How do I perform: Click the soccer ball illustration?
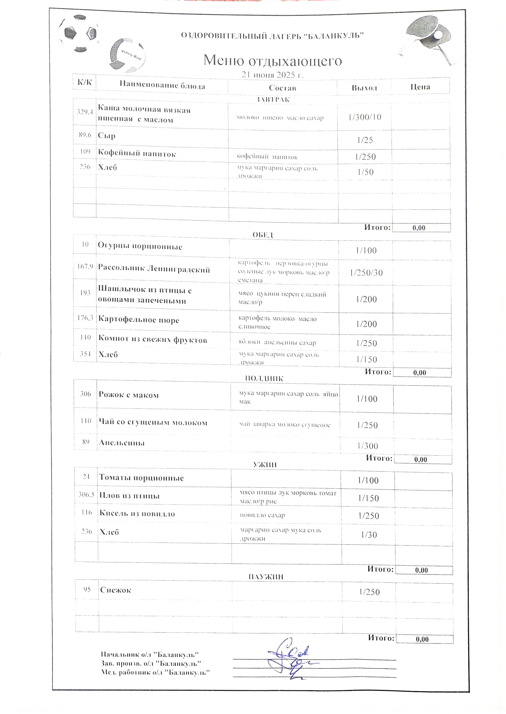pos(78,33)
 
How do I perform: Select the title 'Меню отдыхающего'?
pos(273,60)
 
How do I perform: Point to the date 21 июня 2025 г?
pos(273,75)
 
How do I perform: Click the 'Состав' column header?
pos(282,88)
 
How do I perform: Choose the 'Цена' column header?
pos(420,87)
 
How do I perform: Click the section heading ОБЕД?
pos(263,235)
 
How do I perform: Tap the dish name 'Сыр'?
pos(107,136)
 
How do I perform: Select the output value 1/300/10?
pos(365,117)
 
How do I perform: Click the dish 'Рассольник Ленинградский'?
pos(154,269)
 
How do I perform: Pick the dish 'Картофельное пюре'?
pos(139,320)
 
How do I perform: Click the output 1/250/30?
pos(366,273)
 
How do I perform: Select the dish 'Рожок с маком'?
pos(129,395)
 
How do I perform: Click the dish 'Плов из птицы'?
pos(129,496)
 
